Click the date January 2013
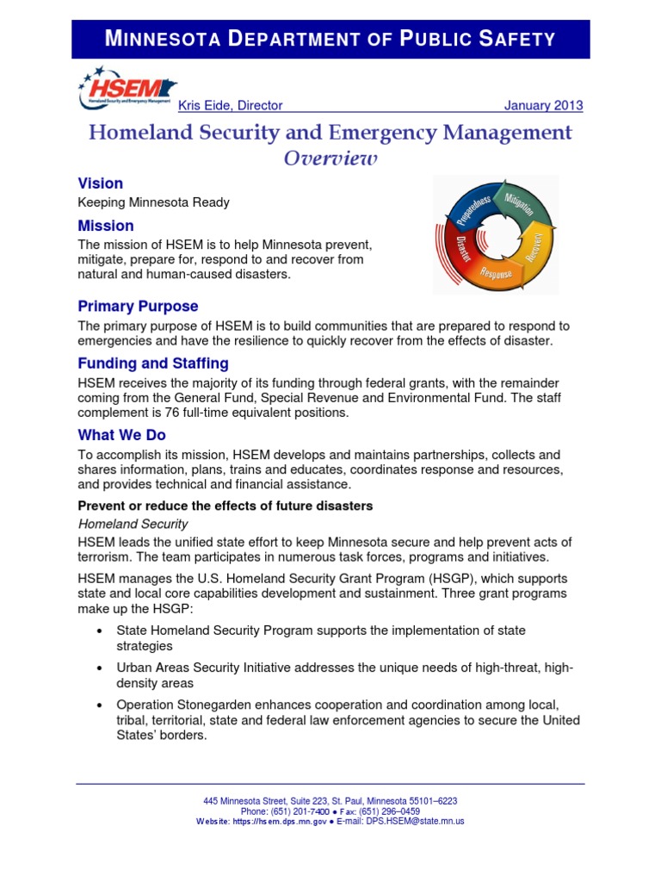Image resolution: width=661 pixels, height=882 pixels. [x=542, y=106]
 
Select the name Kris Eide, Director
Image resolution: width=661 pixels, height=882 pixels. [x=230, y=106]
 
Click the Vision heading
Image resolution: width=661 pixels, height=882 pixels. [x=100, y=183]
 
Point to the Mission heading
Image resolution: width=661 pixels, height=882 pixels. [x=106, y=226]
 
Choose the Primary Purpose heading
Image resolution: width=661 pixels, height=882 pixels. [x=138, y=306]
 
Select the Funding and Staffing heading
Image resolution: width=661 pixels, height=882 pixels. [x=153, y=363]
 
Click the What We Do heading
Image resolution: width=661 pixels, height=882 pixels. [x=121, y=435]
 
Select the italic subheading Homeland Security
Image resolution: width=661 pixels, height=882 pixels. [x=133, y=524]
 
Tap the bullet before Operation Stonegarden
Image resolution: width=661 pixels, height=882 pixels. [x=101, y=705]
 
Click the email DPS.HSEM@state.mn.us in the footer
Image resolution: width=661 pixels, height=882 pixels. [x=415, y=822]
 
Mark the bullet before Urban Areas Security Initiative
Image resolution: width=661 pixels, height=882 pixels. [x=101, y=668]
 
